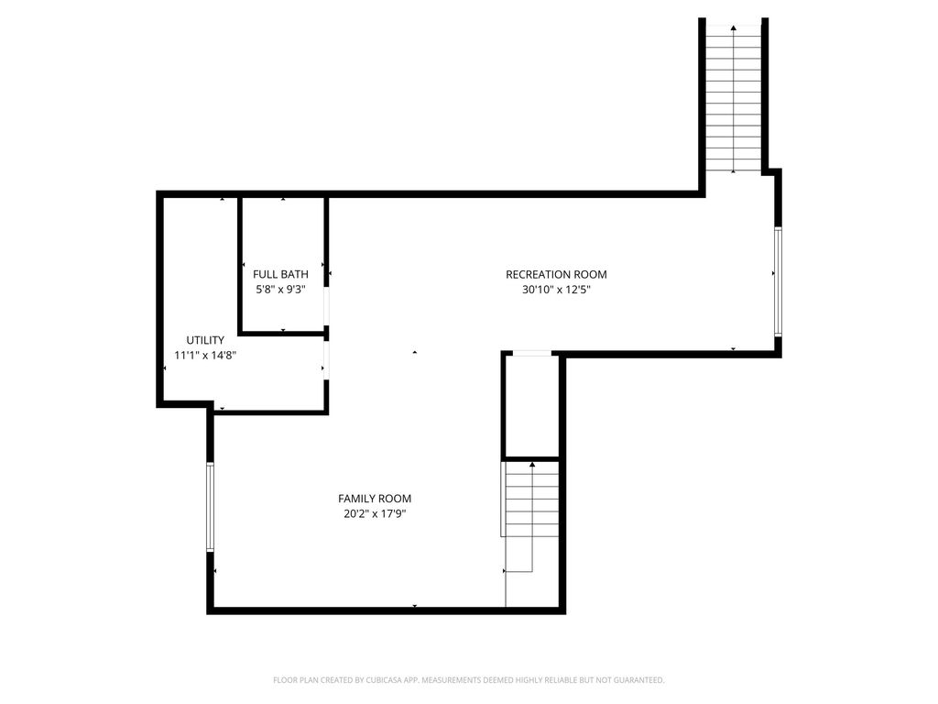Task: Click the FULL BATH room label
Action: tap(280, 274)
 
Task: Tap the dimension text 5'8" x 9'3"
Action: tap(280, 290)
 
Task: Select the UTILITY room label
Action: tap(205, 340)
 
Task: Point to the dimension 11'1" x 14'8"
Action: tap(205, 355)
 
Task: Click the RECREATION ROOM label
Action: tap(556, 274)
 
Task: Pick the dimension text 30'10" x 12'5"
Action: tap(556, 290)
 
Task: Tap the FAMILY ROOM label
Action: tap(375, 498)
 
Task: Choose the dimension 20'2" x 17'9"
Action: tap(375, 513)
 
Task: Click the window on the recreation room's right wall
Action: tap(778, 281)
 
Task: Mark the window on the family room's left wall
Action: tap(210, 506)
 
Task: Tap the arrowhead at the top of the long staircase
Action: tap(734, 27)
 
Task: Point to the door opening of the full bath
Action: tap(327, 306)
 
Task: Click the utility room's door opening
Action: tap(327, 359)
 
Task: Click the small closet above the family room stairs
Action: tap(532, 407)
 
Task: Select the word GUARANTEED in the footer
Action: tap(641, 680)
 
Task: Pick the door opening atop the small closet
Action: tap(532, 354)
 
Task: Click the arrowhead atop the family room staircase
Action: tap(532, 464)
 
